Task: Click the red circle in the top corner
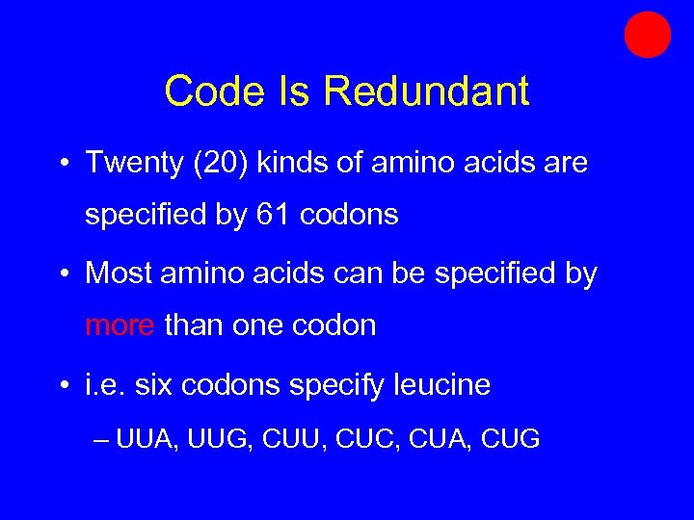[x=647, y=35]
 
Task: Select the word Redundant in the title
[x=426, y=91]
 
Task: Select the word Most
[x=117, y=273]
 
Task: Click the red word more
[x=120, y=325]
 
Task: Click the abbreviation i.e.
[x=105, y=385]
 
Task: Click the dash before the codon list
[x=103, y=441]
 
